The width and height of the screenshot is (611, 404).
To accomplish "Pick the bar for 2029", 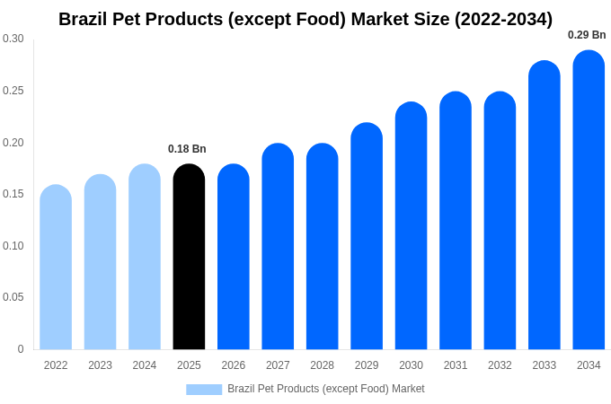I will coord(367,237).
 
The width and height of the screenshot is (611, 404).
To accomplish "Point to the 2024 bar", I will coord(145,258).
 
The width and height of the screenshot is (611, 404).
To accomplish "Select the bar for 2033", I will coord(545,206).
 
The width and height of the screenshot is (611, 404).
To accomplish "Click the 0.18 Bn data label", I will coord(187,149).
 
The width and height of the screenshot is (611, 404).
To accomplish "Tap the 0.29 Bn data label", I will coord(587,35).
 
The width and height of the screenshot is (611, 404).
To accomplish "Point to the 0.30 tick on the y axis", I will coord(13,39).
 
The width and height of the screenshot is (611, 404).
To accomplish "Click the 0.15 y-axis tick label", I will coord(13,194).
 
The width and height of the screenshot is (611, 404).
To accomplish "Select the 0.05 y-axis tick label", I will coord(13,297).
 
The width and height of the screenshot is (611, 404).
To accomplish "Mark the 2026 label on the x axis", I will coord(234,365).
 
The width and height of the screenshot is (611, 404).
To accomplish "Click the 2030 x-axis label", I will coord(411,365).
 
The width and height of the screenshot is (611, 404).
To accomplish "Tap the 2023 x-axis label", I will coord(100,365).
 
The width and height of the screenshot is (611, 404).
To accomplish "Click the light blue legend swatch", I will coord(204,390).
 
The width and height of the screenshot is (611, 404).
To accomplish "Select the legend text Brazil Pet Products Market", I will coord(325,389).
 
